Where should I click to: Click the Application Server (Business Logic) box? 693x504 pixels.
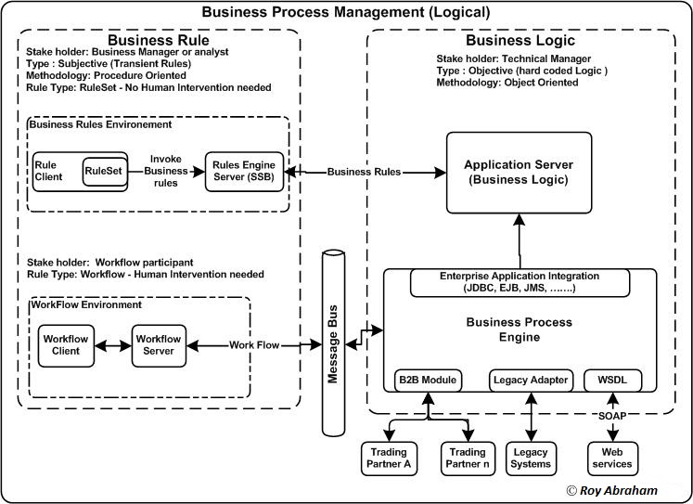518,174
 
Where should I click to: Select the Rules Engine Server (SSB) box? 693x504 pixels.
245,172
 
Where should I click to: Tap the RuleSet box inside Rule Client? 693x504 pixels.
104,171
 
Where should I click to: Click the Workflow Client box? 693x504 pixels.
64,345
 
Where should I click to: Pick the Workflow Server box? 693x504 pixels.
159,345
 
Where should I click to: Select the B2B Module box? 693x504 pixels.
427,380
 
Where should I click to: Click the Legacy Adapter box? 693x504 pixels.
531,380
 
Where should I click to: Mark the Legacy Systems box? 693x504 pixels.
531,457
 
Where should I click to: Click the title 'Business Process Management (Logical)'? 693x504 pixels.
346,12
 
